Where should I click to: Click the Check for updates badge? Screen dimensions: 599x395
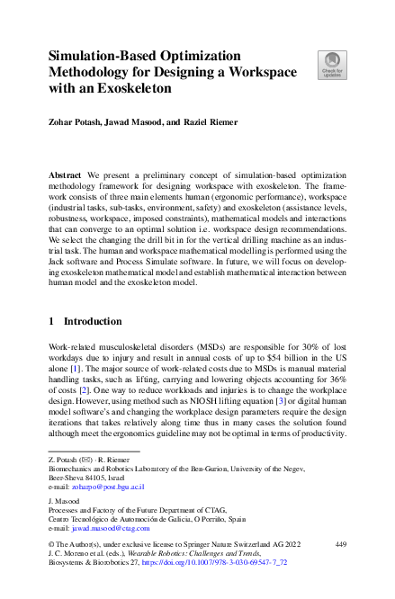331,65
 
